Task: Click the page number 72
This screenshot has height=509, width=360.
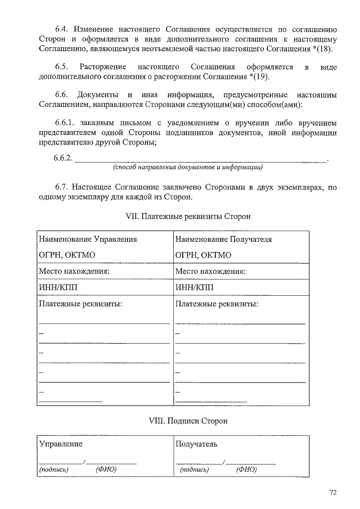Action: (x=333, y=493)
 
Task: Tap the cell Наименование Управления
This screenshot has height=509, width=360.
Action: (x=88, y=239)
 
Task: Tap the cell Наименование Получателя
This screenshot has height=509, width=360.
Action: (x=223, y=239)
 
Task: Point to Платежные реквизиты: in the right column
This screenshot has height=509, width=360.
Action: (x=217, y=304)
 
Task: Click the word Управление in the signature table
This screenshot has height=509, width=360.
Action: (x=60, y=444)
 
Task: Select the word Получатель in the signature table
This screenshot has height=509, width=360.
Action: (x=196, y=444)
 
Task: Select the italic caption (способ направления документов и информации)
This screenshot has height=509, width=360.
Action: (x=188, y=168)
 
